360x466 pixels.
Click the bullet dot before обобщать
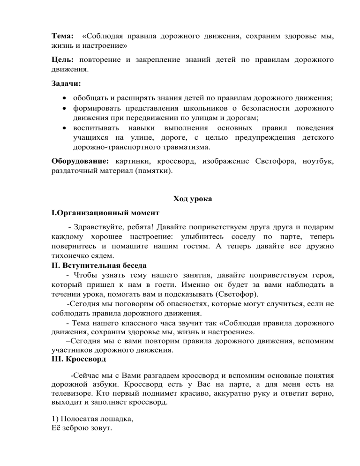(64, 98)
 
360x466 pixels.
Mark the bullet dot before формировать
(64, 109)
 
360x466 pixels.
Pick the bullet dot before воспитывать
(64, 128)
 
